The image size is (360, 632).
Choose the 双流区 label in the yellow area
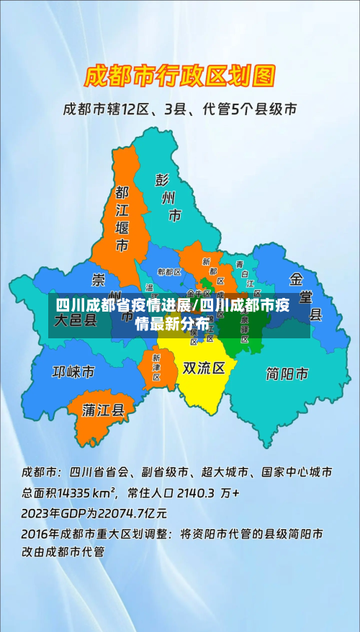204,368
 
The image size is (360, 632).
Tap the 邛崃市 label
73,372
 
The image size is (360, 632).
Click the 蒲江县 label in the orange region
104,410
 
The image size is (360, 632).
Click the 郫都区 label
168,272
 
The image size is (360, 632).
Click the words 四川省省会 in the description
99,473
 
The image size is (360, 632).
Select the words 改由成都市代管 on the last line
63,553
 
